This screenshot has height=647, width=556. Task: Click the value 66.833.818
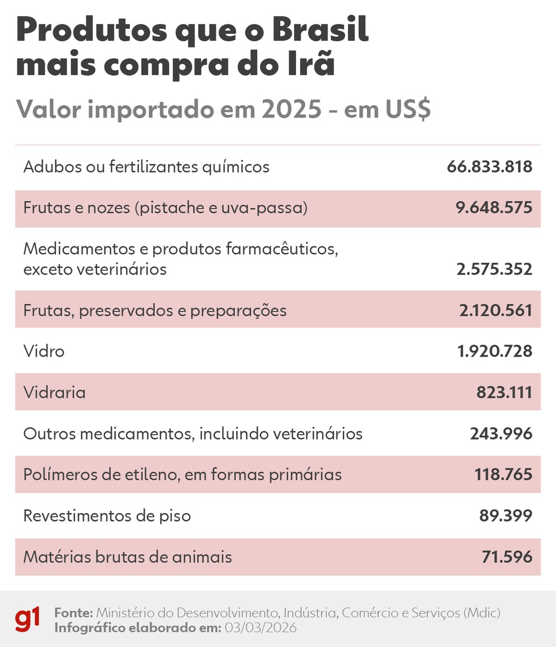tap(489, 167)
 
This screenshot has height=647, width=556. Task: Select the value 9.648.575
tap(494, 208)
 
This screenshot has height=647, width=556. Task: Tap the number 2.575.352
tap(494, 270)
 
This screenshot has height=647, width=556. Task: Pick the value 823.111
tap(504, 392)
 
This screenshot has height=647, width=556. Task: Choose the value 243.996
tap(501, 433)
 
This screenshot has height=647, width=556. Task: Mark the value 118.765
tap(503, 474)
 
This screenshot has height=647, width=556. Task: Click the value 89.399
tap(507, 515)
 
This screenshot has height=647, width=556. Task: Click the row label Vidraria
tap(54, 392)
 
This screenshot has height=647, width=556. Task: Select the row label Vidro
tap(44, 351)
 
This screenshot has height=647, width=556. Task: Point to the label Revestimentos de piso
tap(107, 515)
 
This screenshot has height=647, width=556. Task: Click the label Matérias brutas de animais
tap(128, 557)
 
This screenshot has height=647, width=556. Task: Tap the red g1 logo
tap(28, 619)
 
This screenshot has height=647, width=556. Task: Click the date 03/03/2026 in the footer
tap(260, 628)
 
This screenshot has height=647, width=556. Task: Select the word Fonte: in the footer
tap(73, 613)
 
